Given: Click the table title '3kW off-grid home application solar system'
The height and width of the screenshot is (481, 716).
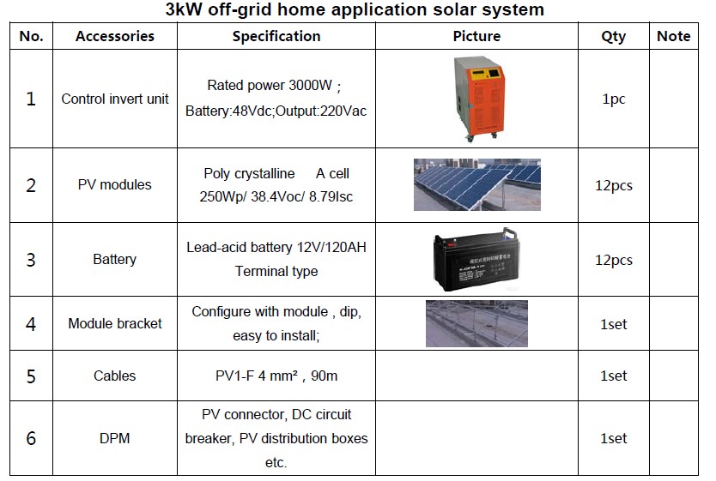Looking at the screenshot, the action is pyautogui.click(x=355, y=9).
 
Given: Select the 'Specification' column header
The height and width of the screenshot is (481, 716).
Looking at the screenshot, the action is pyautogui.click(x=276, y=36).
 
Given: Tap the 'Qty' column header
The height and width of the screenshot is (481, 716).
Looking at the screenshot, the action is pyautogui.click(x=613, y=37).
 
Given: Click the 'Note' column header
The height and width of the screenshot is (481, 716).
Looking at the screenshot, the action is pyautogui.click(x=674, y=36).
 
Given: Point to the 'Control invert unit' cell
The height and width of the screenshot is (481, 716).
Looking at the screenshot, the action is pyautogui.click(x=115, y=99).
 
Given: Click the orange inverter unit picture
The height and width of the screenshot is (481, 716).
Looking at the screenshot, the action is pyautogui.click(x=479, y=98).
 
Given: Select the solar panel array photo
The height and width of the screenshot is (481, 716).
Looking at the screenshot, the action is pyautogui.click(x=476, y=184).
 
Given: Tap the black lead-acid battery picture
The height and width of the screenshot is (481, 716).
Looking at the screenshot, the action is pyautogui.click(x=476, y=260).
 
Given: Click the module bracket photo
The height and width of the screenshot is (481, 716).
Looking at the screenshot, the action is pyautogui.click(x=476, y=323).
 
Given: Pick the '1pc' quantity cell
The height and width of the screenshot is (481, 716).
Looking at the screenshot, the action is pyautogui.click(x=613, y=99).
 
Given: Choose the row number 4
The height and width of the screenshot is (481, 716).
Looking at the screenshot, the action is pyautogui.click(x=31, y=324).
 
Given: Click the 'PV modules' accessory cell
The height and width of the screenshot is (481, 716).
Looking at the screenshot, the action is pyautogui.click(x=115, y=184).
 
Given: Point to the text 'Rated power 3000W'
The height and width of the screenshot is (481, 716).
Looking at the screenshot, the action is pyautogui.click(x=270, y=85).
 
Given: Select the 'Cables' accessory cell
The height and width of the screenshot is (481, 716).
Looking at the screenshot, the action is pyautogui.click(x=115, y=376).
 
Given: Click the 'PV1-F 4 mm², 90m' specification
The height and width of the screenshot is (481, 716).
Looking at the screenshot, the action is pyautogui.click(x=276, y=376).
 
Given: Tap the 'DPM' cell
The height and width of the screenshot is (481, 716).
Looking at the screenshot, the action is pyautogui.click(x=115, y=438).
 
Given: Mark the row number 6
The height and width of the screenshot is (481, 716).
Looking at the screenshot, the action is pyautogui.click(x=31, y=438).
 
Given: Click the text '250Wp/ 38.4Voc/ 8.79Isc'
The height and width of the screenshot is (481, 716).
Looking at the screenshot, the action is pyautogui.click(x=276, y=196).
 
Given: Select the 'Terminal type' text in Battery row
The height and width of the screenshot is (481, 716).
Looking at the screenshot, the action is pyautogui.click(x=276, y=271).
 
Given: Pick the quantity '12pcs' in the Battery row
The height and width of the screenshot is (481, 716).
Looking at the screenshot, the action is pyautogui.click(x=614, y=261).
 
